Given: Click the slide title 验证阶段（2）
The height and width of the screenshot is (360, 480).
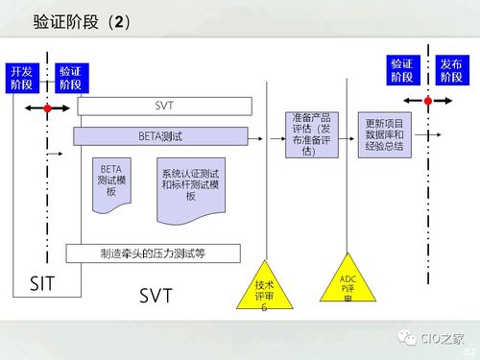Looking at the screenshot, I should [81, 20].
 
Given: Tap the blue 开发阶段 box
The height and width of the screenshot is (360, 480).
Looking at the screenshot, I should [21, 78].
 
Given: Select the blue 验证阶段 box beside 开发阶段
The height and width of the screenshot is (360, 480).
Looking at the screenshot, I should [69, 78].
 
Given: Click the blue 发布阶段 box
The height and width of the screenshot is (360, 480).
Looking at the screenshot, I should [449, 70].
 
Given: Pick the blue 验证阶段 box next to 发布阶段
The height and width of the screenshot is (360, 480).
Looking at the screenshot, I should [401, 70].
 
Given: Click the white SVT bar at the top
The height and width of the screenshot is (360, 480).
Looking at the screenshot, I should [164, 106].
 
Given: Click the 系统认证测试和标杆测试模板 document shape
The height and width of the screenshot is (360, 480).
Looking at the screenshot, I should [190, 185].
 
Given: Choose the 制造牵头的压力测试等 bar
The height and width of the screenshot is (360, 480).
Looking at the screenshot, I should [154, 253].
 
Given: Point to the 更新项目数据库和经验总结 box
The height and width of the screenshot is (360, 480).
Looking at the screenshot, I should [385, 135].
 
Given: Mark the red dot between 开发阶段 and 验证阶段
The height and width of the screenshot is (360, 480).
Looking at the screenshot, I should [45, 110].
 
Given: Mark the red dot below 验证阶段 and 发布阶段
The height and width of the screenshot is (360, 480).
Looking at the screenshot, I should [424, 100].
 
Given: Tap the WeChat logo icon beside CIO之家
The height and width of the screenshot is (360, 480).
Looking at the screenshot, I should [406, 337].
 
